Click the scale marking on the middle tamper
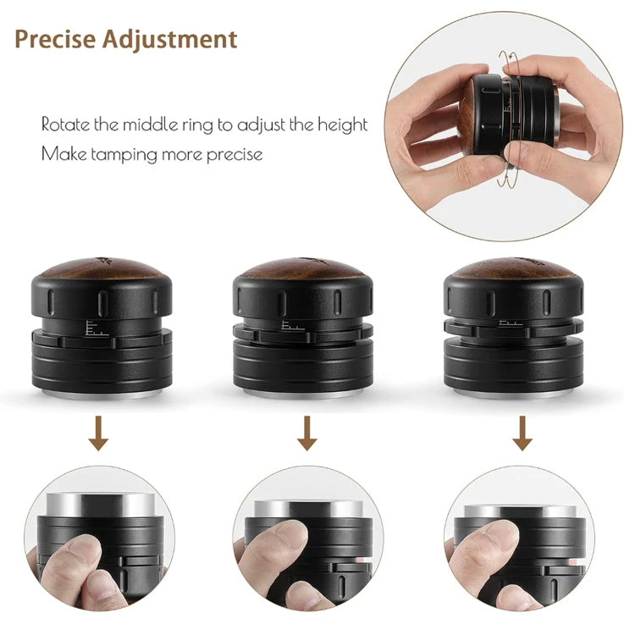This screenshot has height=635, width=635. click(292, 325)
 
